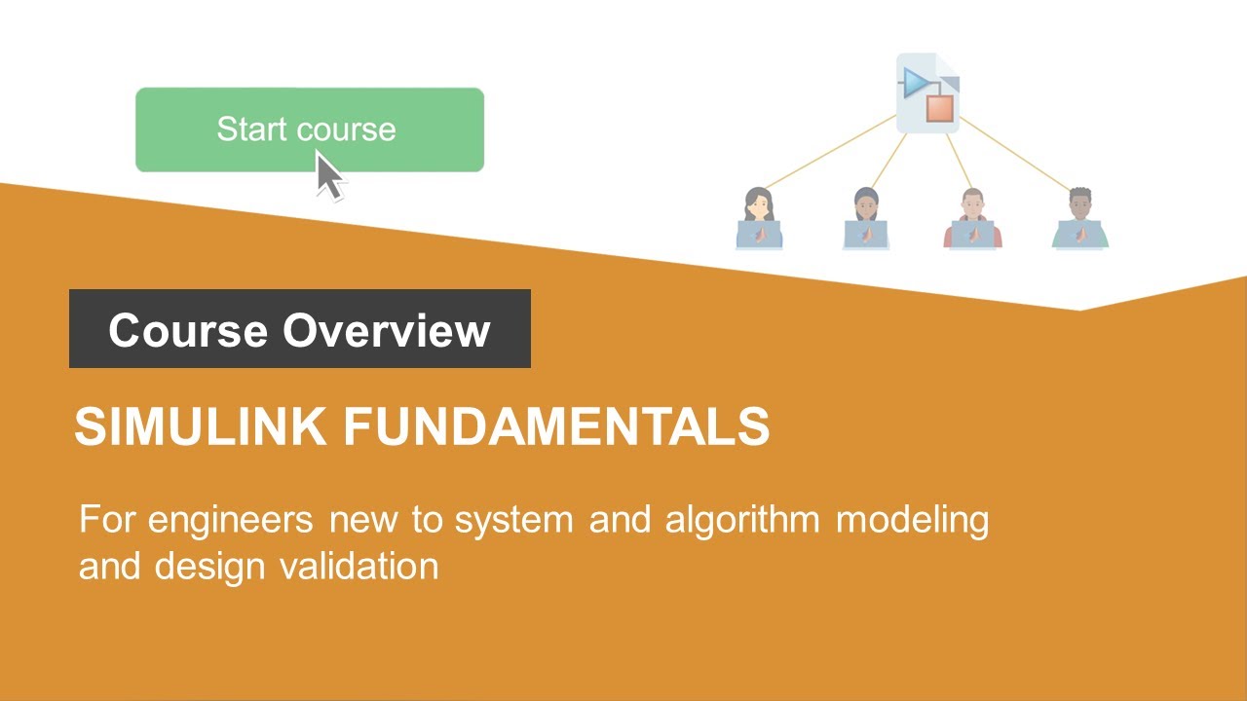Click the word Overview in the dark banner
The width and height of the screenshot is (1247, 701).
[x=387, y=330]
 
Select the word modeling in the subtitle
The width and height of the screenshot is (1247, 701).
[x=912, y=520]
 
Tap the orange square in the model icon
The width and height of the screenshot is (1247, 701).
[x=940, y=107]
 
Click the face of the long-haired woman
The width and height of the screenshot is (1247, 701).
[x=758, y=207]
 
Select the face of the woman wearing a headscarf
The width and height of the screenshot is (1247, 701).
[x=866, y=207]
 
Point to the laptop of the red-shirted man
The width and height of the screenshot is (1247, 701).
[x=972, y=235]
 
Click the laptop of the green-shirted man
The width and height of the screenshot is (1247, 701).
[x=1080, y=235]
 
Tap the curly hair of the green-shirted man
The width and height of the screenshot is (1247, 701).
[x=1079, y=194]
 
